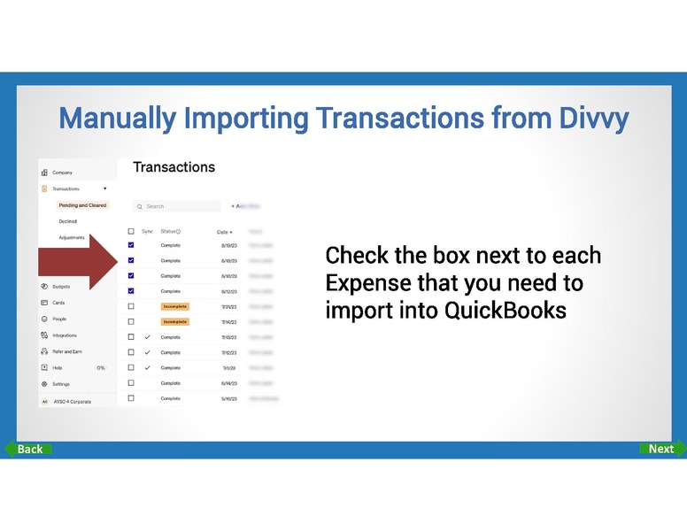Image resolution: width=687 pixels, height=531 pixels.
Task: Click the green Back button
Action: click(x=28, y=449)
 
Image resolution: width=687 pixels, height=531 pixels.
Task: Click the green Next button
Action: click(x=660, y=449)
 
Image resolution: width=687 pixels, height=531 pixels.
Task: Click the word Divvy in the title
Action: click(x=595, y=118)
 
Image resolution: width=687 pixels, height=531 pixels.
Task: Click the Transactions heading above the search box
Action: click(x=174, y=167)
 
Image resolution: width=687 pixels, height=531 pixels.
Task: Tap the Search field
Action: click(x=176, y=206)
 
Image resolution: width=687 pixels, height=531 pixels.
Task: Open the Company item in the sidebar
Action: click(x=62, y=173)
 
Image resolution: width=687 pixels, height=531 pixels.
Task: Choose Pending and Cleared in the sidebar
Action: click(x=82, y=205)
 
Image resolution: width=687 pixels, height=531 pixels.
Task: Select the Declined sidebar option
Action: click(x=68, y=221)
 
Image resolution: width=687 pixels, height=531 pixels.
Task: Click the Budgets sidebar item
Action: click(x=61, y=287)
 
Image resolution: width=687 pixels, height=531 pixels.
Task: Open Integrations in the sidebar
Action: click(x=65, y=335)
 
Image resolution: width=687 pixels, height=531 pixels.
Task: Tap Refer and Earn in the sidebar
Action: click(x=67, y=351)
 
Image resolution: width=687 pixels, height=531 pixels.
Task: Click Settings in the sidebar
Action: click(x=61, y=384)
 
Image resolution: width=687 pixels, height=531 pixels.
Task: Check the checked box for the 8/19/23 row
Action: click(x=131, y=245)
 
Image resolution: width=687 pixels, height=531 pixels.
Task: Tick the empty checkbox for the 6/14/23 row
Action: click(x=131, y=383)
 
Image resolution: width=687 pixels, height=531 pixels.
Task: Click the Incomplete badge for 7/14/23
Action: click(x=174, y=322)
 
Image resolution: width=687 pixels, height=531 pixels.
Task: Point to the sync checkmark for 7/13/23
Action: click(x=147, y=337)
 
